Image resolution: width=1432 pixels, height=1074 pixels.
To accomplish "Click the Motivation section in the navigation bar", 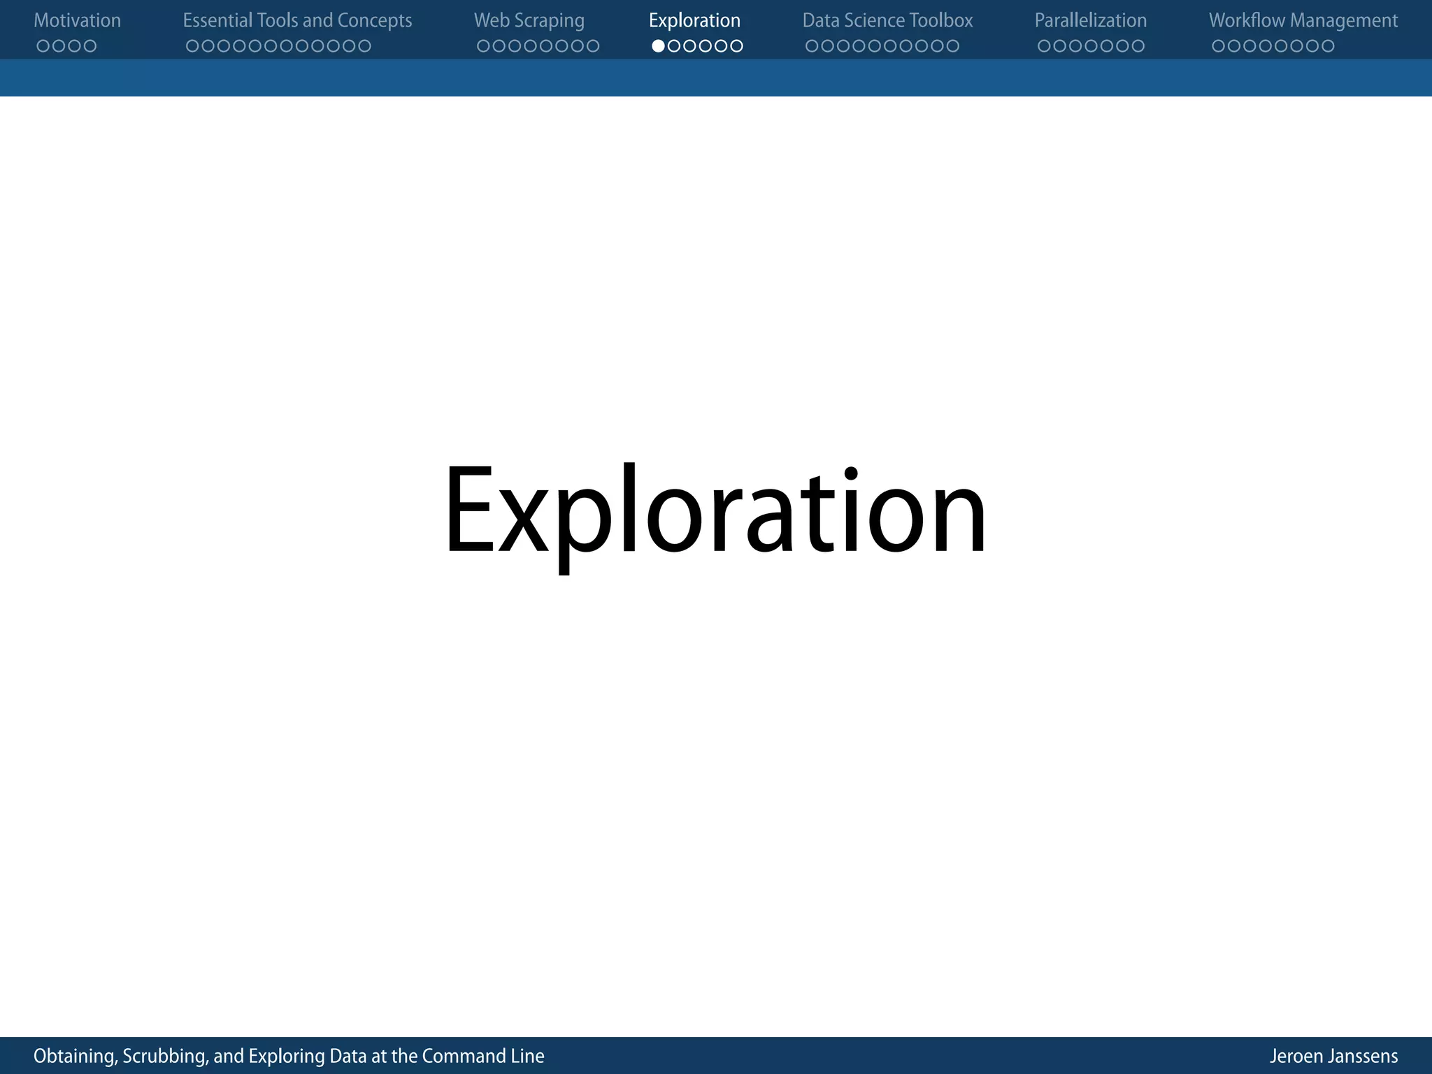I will coord(77,21).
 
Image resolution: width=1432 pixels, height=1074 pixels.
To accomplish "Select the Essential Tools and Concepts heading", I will coord(297,21).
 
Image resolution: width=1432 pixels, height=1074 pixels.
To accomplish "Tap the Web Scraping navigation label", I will coord(529,21).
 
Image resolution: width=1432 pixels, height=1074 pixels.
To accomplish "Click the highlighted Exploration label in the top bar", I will coord(694,21).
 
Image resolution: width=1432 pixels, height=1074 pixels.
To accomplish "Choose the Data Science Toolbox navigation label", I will coord(887,21).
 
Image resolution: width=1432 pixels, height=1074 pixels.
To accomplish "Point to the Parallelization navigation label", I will coord(1090,21).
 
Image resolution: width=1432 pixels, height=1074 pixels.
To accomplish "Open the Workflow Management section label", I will coord(1303,21).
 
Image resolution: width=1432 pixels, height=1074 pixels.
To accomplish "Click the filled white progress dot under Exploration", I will coord(658,46).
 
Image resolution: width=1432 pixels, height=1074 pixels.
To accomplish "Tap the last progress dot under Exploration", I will coord(736,46).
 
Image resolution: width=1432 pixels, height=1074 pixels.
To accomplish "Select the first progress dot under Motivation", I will coord(43,46).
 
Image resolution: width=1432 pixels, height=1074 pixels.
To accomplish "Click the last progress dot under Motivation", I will coord(89,46).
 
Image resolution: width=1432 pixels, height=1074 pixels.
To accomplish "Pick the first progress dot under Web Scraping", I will coord(483,46).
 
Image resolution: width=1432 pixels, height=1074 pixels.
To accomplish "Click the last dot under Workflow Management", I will coord(1328,46).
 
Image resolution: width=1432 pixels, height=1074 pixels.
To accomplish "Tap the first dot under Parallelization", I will coord(1044,46).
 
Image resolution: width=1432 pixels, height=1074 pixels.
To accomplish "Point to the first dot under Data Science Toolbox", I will coord(812,46).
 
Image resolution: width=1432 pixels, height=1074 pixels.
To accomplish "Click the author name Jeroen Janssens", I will coord(1333,1056).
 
